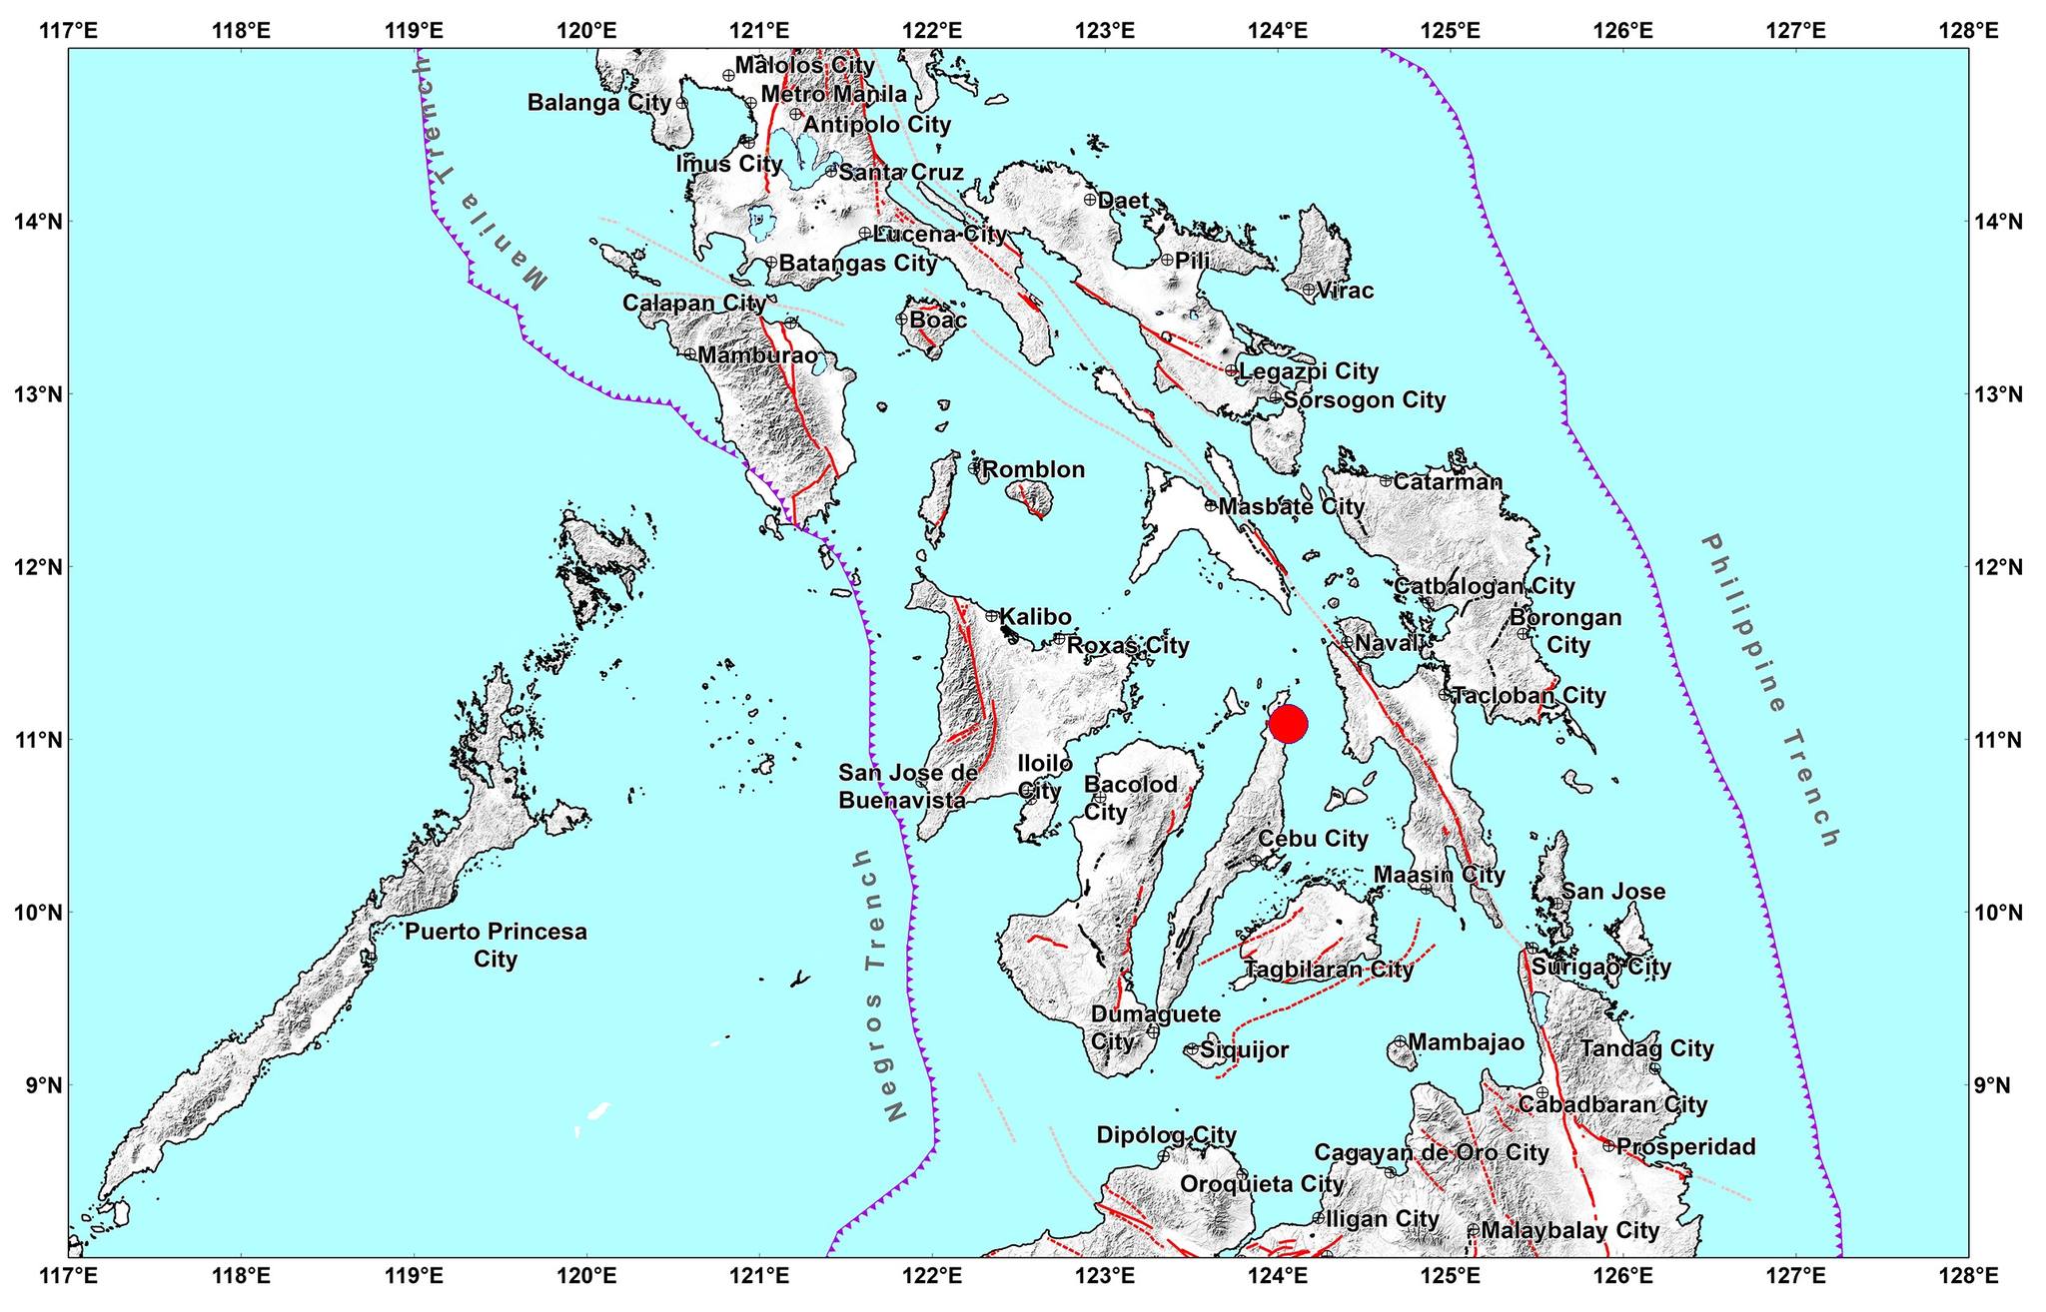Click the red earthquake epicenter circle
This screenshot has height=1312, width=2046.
click(1288, 724)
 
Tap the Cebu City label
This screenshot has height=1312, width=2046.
click(1312, 839)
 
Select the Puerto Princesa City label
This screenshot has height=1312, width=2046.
click(496, 945)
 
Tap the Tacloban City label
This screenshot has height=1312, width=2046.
click(1528, 695)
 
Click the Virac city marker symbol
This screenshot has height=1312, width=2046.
click(1309, 290)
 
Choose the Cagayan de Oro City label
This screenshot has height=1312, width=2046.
click(1431, 1152)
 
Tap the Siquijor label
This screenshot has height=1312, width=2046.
click(1244, 1049)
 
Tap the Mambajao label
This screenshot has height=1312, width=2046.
click(1466, 1042)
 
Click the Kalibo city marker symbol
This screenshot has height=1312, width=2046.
click(992, 616)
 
